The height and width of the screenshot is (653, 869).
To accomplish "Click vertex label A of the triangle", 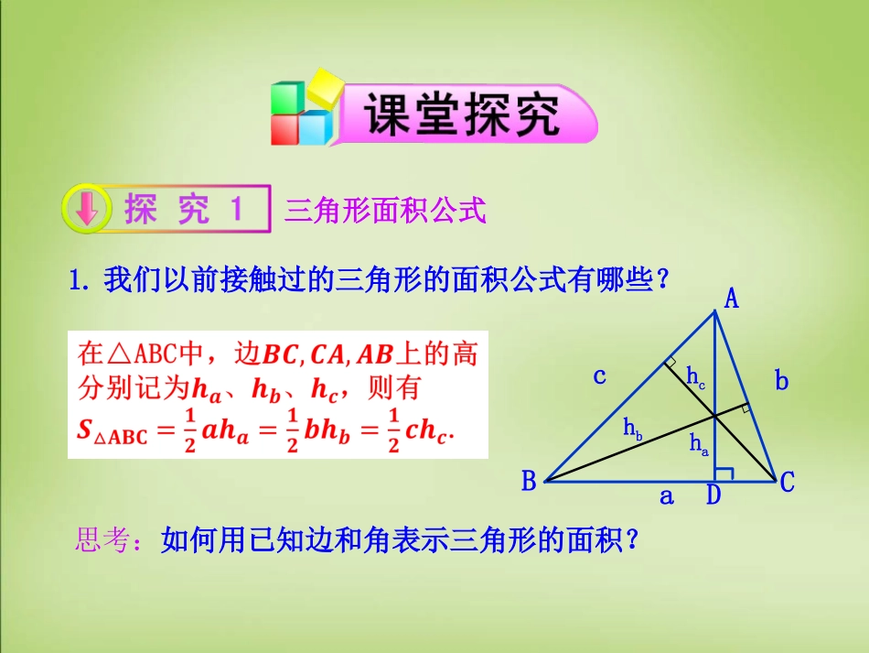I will click(733, 298).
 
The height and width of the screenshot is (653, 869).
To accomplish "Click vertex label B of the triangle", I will click(529, 482).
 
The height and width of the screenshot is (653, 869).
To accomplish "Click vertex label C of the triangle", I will click(787, 483).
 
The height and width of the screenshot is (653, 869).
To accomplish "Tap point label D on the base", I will click(713, 496).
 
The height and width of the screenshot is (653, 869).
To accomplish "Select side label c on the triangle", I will click(600, 375).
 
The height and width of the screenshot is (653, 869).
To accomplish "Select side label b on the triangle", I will click(781, 380).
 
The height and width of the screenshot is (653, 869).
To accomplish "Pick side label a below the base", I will click(666, 496).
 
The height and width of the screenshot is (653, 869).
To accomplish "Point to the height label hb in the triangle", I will click(632, 427).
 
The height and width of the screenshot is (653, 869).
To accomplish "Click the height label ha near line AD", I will click(699, 445).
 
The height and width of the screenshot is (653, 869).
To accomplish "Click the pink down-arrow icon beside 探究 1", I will click(86, 210).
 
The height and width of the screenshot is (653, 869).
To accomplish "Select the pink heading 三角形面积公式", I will click(384, 212).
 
